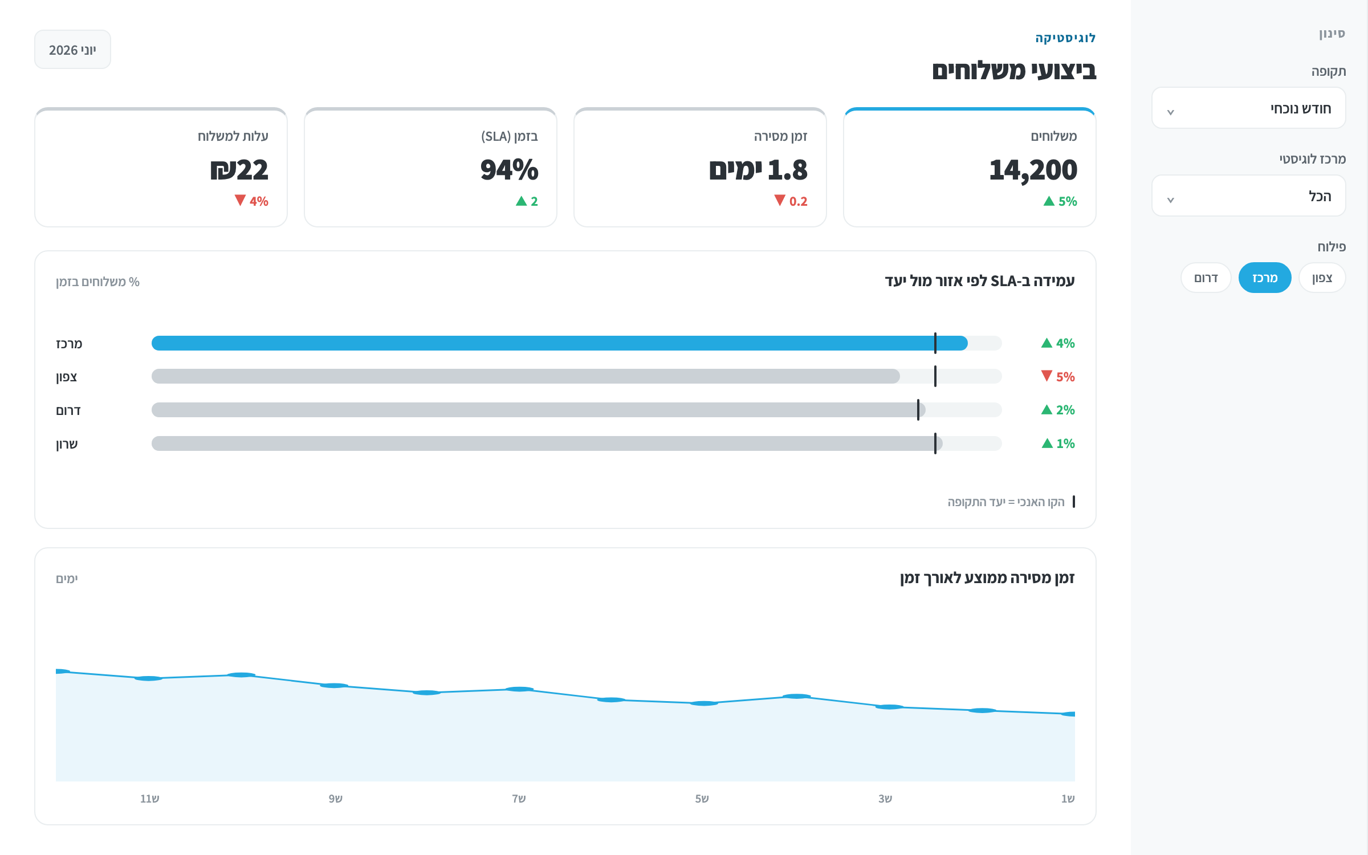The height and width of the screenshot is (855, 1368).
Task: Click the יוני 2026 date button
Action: coord(72,50)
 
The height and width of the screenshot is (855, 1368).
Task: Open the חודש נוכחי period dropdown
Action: coord(1248,108)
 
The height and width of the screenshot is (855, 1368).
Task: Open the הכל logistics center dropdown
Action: coord(1248,196)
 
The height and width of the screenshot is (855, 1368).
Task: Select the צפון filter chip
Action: coord(1322,278)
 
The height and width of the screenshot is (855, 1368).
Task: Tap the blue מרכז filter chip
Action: coord(1265,278)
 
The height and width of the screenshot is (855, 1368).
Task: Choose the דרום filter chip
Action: coord(1206,278)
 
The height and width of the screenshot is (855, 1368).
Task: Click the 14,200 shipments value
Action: coord(1033,170)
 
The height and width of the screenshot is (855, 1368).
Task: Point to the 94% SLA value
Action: coord(509,170)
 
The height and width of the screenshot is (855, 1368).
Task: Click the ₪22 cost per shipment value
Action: coord(239,170)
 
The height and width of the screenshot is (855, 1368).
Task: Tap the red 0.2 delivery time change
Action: coord(791,201)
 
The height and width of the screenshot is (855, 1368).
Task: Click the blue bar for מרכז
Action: coord(560,343)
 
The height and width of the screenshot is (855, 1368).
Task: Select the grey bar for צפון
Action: coord(526,376)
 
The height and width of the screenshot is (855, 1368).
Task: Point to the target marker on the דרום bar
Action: coord(918,410)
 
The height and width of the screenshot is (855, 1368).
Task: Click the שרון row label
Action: coord(67,444)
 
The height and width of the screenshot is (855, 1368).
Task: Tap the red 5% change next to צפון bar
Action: coord(1058,377)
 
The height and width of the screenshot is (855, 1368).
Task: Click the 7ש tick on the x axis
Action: coord(519,799)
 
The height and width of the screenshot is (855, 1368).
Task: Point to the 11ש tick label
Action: coord(150,799)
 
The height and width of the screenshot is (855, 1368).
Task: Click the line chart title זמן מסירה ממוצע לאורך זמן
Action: coord(987,578)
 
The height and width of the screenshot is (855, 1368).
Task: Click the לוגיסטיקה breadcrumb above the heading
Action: coord(1065,38)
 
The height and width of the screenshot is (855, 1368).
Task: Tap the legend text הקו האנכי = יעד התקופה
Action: coord(1006,502)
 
